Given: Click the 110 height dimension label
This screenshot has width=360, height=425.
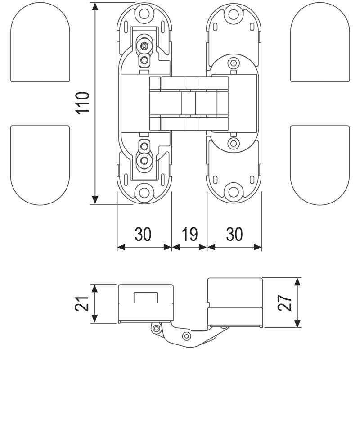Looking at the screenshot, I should pyautogui.click(x=84, y=103).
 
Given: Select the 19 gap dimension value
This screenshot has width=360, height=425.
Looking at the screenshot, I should pyautogui.click(x=189, y=234).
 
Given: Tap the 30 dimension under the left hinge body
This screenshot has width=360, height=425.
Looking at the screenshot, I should pyautogui.click(x=144, y=234).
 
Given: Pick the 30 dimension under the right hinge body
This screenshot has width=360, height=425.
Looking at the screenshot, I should pyautogui.click(x=234, y=234).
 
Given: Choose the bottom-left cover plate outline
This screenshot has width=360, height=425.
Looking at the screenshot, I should pyautogui.click(x=40, y=164).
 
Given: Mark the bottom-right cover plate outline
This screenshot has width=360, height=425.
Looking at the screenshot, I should pyautogui.click(x=320, y=164).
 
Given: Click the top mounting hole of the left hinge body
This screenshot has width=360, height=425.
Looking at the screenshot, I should pyautogui.click(x=144, y=13).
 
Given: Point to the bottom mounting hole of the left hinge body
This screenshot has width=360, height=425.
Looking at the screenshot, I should pyautogui.click(x=144, y=192).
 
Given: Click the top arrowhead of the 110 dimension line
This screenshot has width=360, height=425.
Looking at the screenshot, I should pyautogui.click(x=94, y=6).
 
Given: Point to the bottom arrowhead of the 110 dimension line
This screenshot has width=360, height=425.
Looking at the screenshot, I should pyautogui.click(x=94, y=200).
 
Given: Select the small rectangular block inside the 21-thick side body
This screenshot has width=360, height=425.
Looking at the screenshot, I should pyautogui.click(x=145, y=297).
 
